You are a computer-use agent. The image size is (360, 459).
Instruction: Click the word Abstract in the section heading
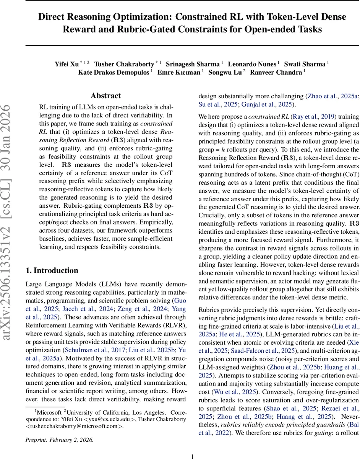(105, 96)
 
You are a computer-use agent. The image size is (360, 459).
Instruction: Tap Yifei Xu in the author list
(67, 63)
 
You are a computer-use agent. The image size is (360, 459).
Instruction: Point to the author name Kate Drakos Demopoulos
(114, 72)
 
